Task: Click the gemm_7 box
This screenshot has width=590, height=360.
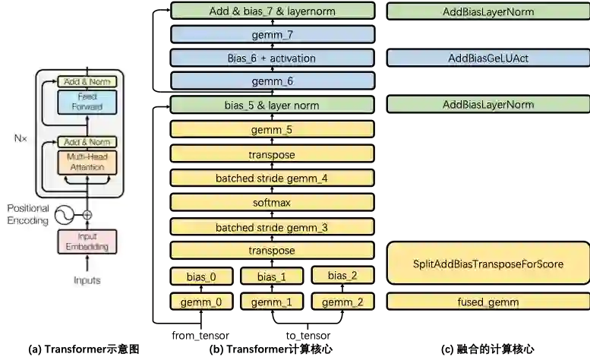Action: pos(273,35)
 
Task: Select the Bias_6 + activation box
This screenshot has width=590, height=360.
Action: pos(273,58)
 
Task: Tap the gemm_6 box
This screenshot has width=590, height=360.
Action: pos(273,81)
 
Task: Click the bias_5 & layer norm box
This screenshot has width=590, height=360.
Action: pos(273,105)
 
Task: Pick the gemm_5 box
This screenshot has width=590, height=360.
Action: pos(273,130)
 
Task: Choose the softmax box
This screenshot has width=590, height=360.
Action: pos(273,203)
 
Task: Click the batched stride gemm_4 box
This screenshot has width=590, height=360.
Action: pos(273,178)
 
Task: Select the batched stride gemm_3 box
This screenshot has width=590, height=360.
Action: pos(273,227)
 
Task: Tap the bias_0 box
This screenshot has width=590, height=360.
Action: pos(202,276)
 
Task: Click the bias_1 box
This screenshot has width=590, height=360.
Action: pos(271,276)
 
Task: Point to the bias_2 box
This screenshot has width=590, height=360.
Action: pos(342,276)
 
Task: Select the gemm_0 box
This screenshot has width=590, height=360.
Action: pos(202,302)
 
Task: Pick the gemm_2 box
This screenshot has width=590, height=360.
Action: pos(342,302)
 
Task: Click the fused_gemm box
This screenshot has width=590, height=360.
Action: pos(487,302)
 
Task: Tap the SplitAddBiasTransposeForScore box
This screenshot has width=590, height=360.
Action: pos(487,264)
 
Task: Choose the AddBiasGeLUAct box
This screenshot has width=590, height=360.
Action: pos(487,58)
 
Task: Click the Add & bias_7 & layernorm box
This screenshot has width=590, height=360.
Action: pos(273,11)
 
